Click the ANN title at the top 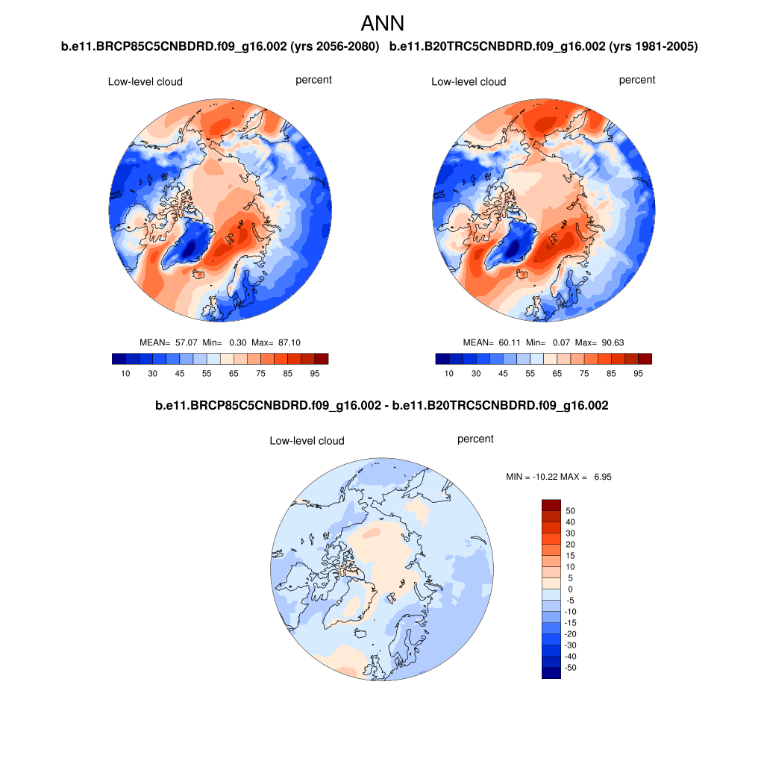pyautogui.click(x=382, y=23)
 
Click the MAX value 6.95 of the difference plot pyautogui.click(x=602, y=476)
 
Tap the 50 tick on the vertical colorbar pyautogui.click(x=571, y=511)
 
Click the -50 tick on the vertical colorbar pyautogui.click(x=571, y=668)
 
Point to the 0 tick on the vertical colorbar pyautogui.click(x=571, y=589)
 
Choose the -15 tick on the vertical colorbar pyautogui.click(x=571, y=623)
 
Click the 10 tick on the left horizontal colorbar pyautogui.click(x=125, y=373)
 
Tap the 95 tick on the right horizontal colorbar pyautogui.click(x=638, y=373)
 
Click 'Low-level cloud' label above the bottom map pyautogui.click(x=307, y=441)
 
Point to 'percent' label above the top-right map pyautogui.click(x=636, y=80)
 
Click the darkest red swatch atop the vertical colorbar pyautogui.click(x=551, y=505)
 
